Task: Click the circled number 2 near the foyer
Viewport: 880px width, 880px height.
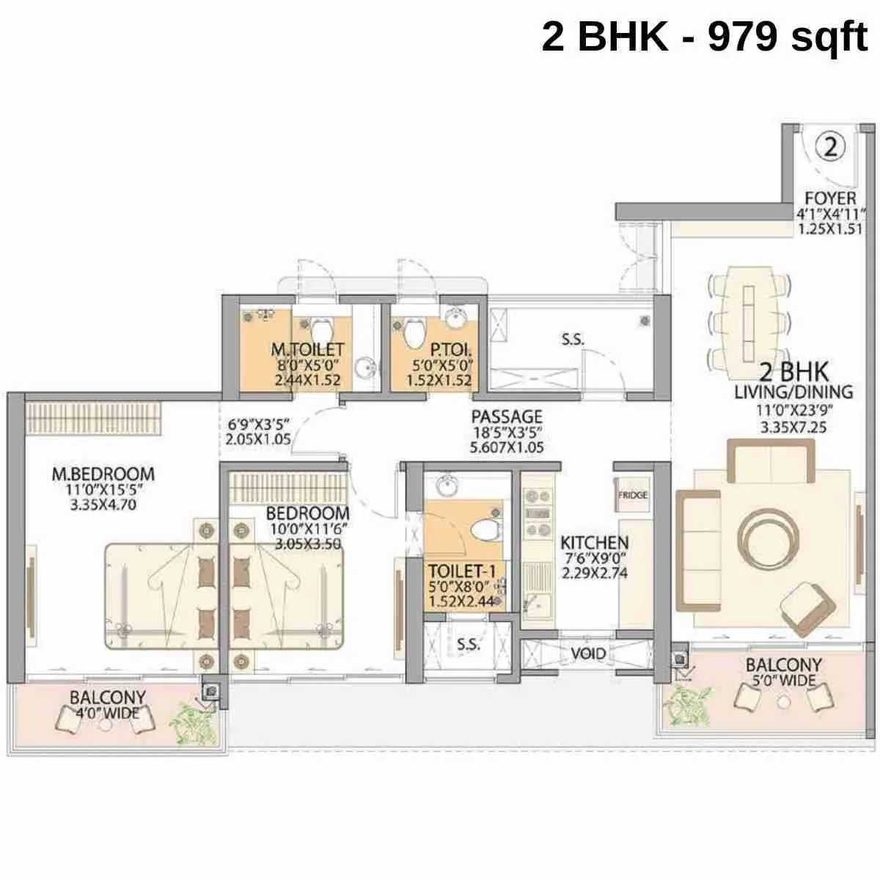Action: pyautogui.click(x=830, y=147)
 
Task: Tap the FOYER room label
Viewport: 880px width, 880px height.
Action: pyautogui.click(x=830, y=199)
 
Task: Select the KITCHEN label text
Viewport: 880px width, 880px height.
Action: pyautogui.click(x=594, y=543)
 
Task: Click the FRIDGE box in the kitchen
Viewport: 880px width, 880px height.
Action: pyautogui.click(x=632, y=496)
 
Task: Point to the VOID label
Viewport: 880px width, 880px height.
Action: pyautogui.click(x=588, y=653)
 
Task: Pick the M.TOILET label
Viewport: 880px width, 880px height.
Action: pyautogui.click(x=307, y=350)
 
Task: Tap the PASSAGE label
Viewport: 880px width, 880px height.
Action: pyautogui.click(x=507, y=416)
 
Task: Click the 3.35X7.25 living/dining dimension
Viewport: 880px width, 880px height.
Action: pyautogui.click(x=793, y=426)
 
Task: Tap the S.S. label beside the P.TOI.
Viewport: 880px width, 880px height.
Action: pyautogui.click(x=572, y=340)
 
